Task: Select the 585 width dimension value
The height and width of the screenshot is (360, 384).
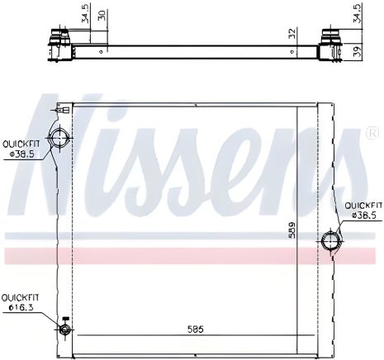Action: (x=194, y=329)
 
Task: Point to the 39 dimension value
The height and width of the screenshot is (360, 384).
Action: (x=358, y=51)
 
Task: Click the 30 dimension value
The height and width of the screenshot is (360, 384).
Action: (x=101, y=17)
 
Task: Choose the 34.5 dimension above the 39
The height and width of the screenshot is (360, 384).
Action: (x=357, y=14)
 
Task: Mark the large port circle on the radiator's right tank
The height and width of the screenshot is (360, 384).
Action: (x=330, y=241)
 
